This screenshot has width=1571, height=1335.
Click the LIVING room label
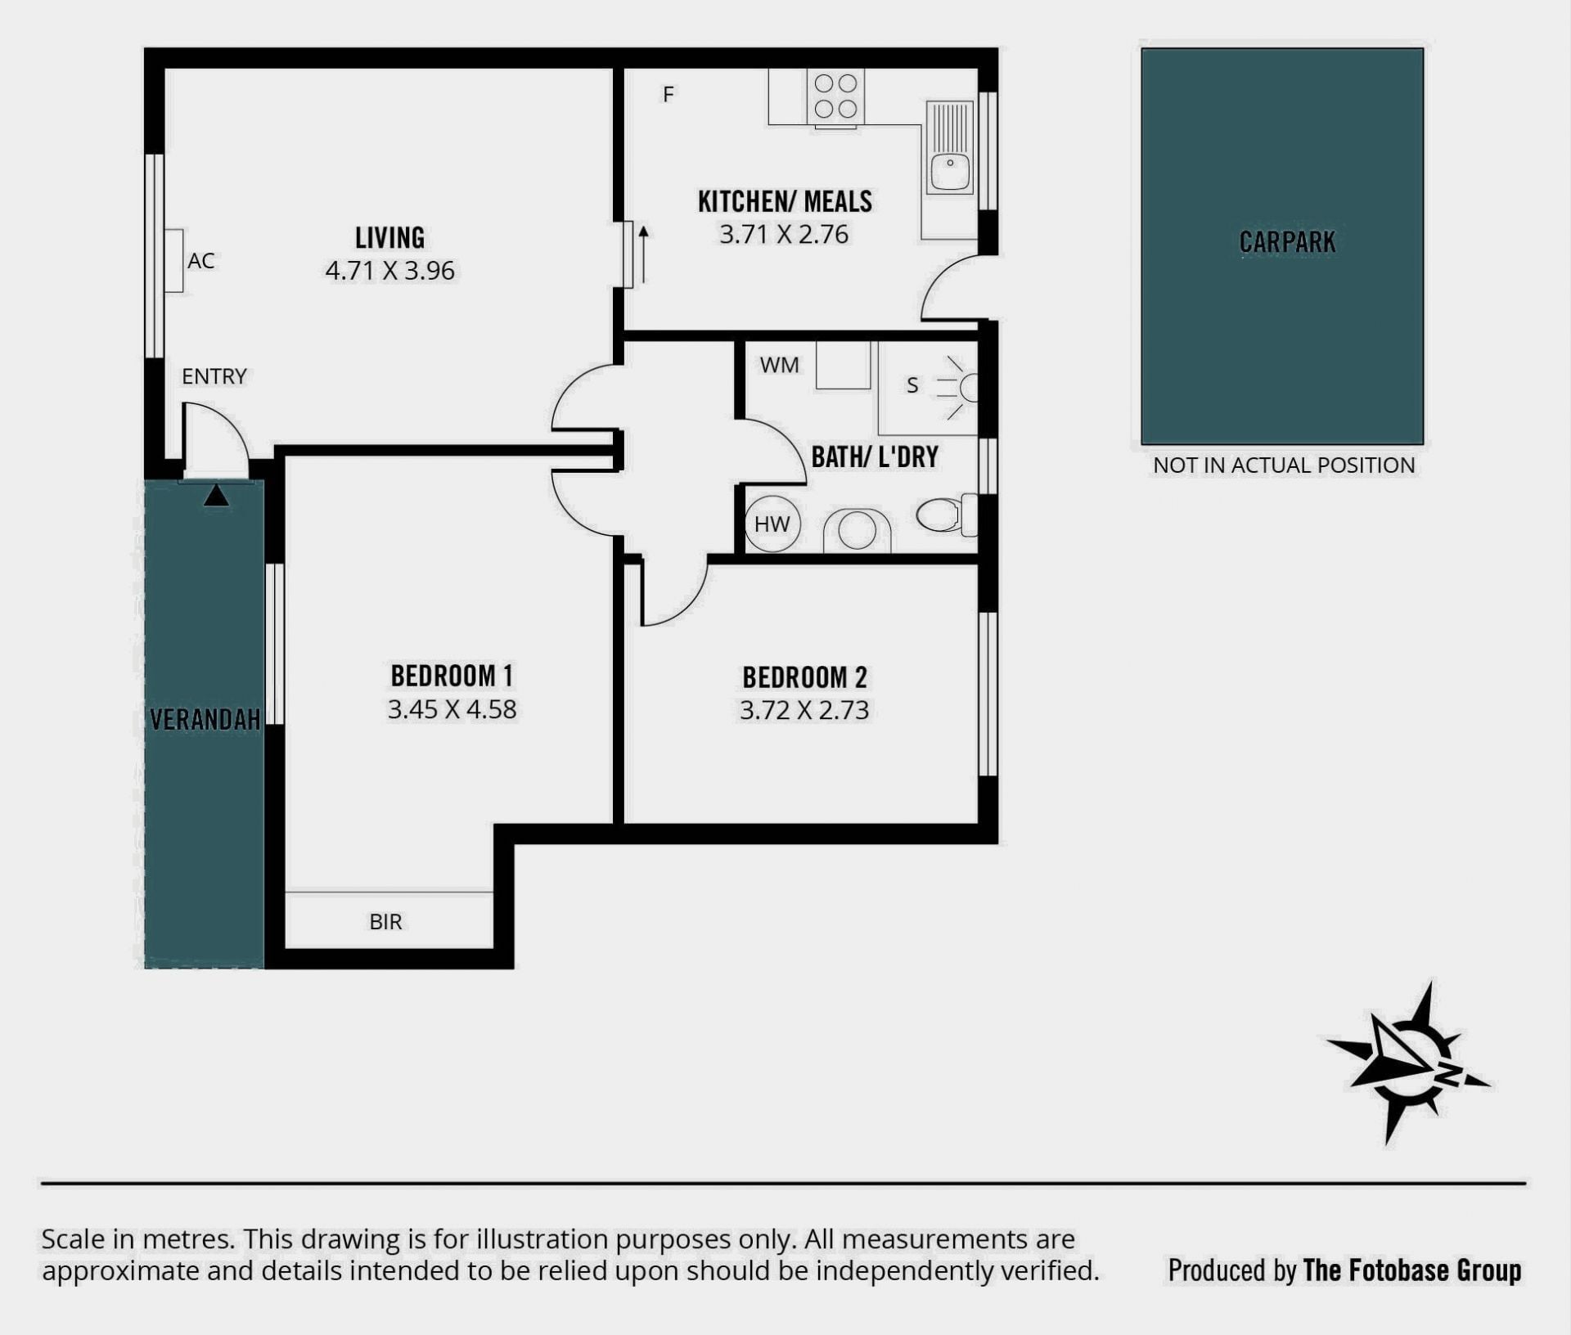point(389,237)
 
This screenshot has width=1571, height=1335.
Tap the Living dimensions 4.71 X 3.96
point(389,271)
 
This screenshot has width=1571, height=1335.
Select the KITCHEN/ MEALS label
point(785,201)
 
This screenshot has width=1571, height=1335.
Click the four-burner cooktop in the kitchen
point(835,97)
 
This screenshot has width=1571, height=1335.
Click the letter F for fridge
point(668,95)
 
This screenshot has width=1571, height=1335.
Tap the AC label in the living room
point(201,261)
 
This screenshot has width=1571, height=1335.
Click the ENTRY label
point(214,376)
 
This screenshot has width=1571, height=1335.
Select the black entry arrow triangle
point(216,496)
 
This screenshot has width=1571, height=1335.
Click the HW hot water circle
point(772,524)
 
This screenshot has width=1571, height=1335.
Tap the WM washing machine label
point(779,365)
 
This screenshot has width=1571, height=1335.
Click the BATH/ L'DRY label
point(875,456)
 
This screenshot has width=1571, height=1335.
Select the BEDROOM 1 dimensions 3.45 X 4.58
point(452,709)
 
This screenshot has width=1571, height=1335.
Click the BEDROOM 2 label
point(804,677)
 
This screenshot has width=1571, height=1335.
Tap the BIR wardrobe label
point(385,922)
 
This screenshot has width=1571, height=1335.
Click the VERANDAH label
point(205,720)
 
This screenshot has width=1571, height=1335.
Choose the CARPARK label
point(1287,242)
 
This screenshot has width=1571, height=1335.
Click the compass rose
point(1407,1063)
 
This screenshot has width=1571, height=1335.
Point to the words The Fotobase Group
point(1412,1270)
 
